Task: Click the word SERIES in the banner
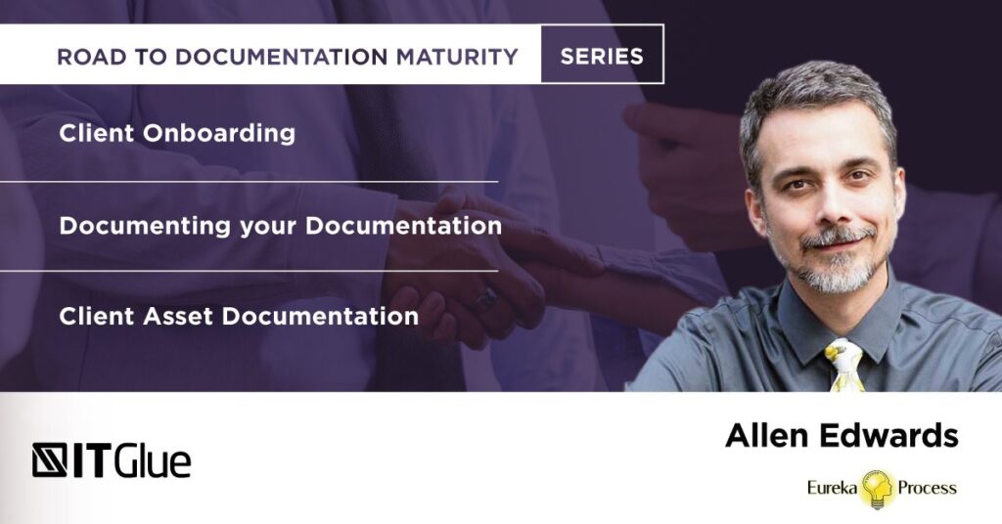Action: pos(602,57)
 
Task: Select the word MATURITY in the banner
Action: pos(459,57)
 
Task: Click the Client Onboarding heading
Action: pos(177,134)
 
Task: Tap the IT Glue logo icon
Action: pos(50,459)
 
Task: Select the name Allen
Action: pos(767,436)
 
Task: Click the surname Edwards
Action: pos(890,436)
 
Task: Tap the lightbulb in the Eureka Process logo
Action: pos(877,488)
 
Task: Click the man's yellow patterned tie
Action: pos(844,365)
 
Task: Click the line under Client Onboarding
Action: pos(249,181)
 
